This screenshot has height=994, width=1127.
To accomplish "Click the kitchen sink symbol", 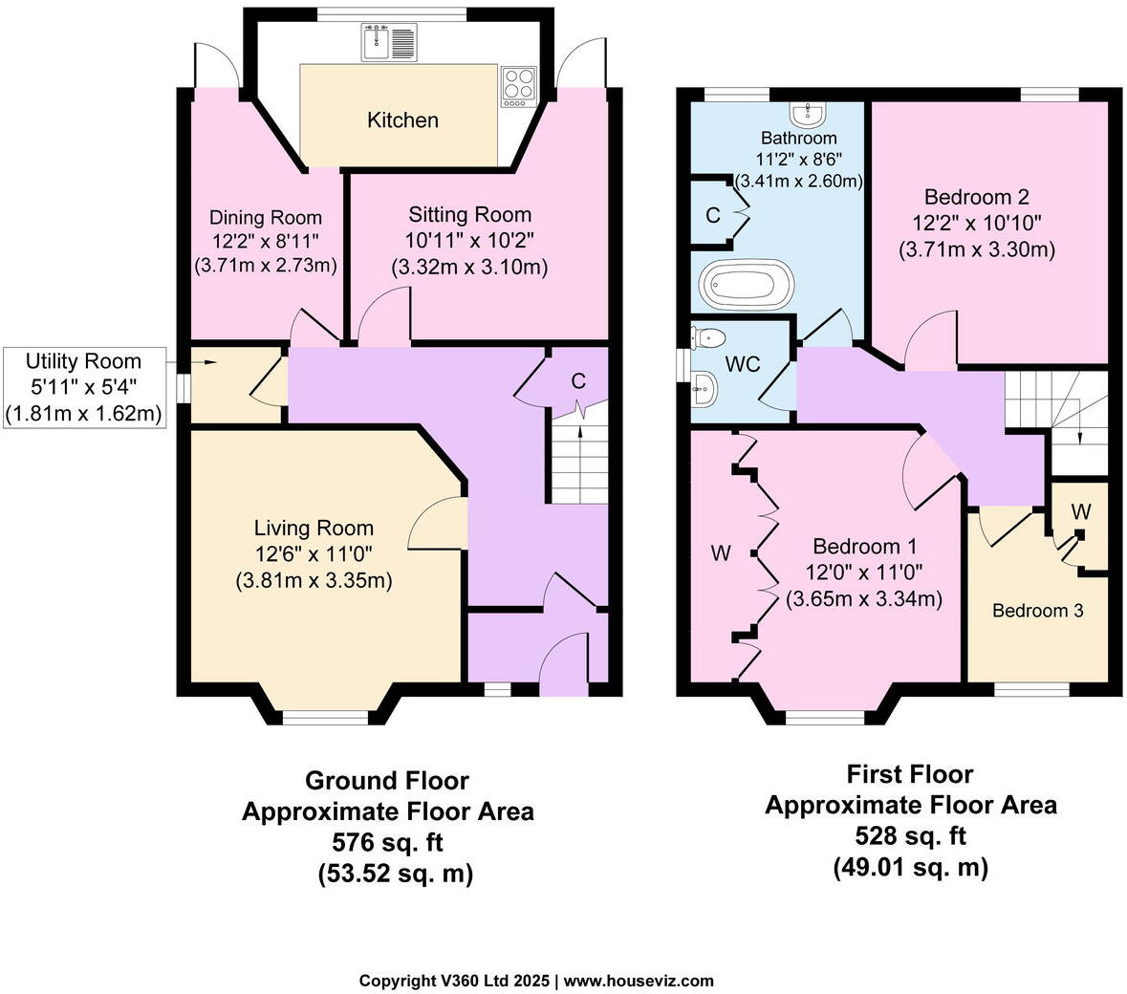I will point(390,42).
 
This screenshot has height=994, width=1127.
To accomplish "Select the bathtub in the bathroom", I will point(747,284).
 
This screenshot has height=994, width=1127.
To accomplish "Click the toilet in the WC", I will point(708,336).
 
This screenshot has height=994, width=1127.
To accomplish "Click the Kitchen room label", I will point(403,120).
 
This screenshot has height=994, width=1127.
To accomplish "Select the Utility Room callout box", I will point(83,387).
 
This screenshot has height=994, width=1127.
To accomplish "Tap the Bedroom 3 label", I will point(1037,611).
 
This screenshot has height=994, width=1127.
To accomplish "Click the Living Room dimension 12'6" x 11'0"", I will point(314,553).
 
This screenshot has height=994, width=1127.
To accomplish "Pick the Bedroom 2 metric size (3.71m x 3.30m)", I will point(976,249).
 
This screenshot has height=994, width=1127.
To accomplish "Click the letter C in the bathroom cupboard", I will point(712,216).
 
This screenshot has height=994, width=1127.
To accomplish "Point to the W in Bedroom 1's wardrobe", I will point(721,553).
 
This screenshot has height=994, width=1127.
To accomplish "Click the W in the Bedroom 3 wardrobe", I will point(1080,512).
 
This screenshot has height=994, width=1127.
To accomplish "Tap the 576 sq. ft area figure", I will point(387,843).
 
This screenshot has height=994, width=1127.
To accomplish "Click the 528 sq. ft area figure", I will point(910,836).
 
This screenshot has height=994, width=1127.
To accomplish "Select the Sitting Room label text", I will point(469,215).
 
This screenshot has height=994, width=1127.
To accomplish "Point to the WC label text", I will point(743,364).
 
